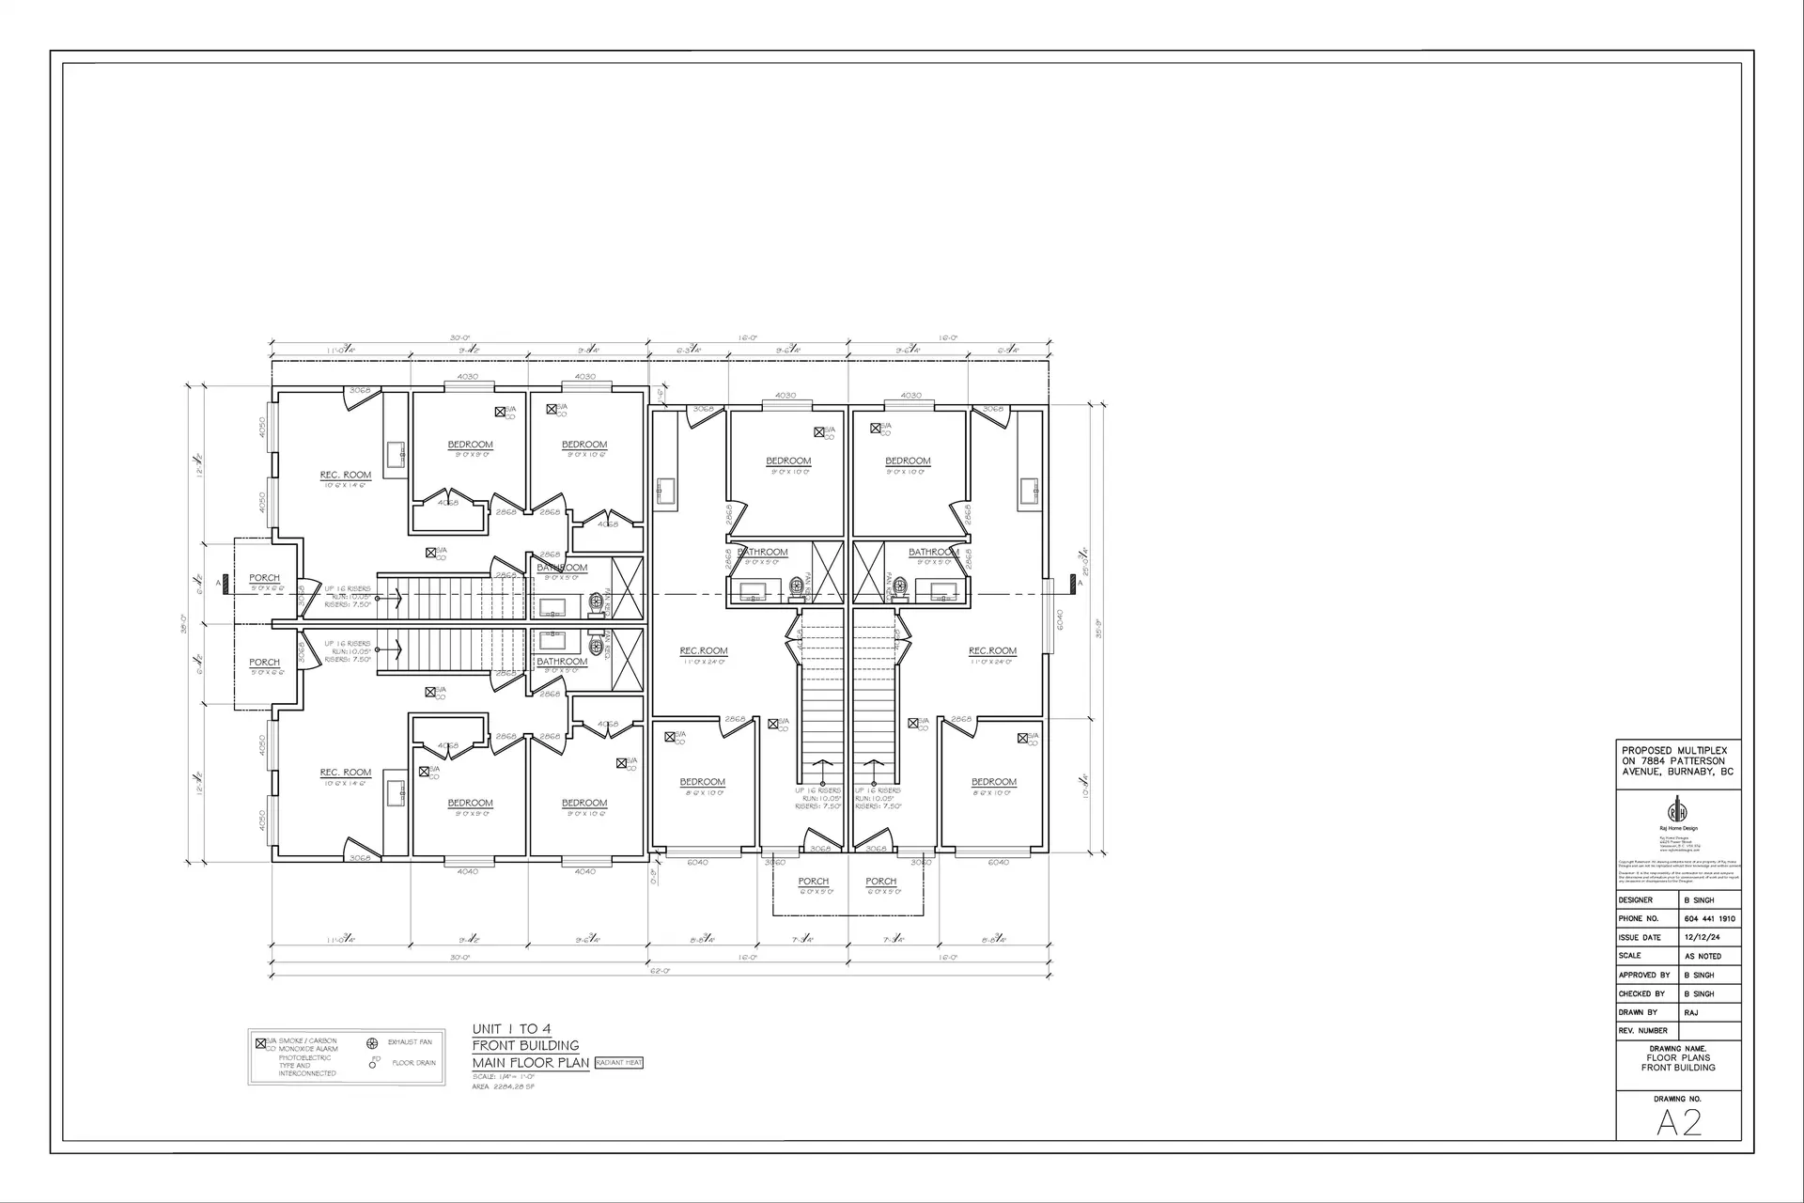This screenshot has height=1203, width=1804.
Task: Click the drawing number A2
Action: coord(1678,1122)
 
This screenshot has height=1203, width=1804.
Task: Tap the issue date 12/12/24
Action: coord(1703,937)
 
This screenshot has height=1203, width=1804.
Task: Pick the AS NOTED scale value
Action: coord(1703,956)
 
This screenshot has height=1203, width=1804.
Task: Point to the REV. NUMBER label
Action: coord(1642,1031)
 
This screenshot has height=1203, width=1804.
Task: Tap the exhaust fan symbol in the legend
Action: coord(372,1043)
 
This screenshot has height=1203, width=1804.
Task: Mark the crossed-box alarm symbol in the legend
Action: coord(260,1043)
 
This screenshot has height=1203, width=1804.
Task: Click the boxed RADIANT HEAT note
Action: coord(619,1063)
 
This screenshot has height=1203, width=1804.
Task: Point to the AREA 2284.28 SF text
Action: coord(503,1086)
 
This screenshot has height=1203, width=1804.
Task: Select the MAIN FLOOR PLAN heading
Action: coord(530,1063)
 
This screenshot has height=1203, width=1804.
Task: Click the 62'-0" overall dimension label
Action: coord(659,971)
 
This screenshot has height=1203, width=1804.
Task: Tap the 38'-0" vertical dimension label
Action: coord(184,623)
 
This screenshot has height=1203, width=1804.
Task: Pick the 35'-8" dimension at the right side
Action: coord(1096,628)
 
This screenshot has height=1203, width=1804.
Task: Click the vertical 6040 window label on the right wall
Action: coord(1059,619)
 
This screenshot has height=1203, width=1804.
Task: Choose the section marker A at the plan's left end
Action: coord(219,584)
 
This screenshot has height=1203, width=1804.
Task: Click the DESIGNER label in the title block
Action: coord(1636,899)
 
